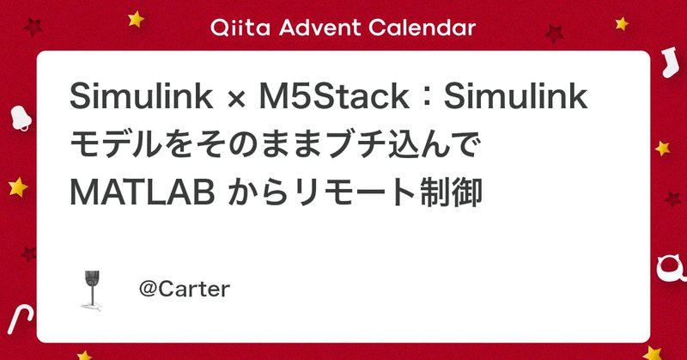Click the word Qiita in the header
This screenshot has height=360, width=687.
[236, 27]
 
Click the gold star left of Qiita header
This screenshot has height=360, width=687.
[134, 16]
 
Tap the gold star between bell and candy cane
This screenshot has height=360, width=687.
[16, 185]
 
